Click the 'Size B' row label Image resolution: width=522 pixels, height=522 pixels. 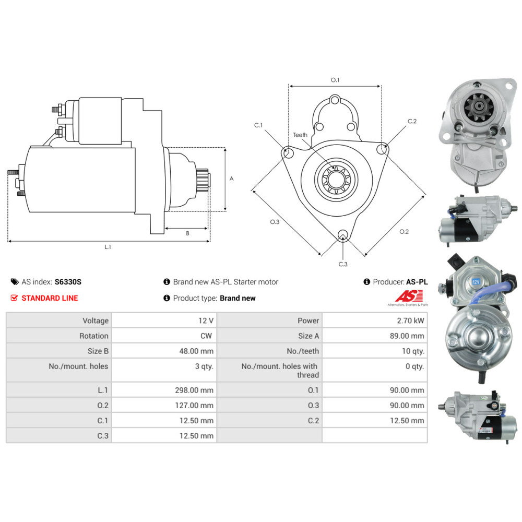pos(94,351)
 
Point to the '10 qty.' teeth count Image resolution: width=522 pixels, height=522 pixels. pos(413,351)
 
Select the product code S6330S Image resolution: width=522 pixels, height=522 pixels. pos(68,282)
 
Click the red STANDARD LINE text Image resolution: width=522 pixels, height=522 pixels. pos(50,298)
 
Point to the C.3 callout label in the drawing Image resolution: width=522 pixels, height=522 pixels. pos(342,264)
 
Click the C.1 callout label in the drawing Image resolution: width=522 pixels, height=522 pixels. pos(258,125)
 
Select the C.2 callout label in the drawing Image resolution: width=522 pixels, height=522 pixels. pos(412,121)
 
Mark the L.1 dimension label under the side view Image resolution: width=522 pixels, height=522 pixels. pos(108,247)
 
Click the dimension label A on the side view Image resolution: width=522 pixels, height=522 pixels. pos(231,179)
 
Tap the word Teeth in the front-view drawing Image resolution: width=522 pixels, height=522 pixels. pos(300,135)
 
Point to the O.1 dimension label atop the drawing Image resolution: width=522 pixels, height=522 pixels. pos(335,80)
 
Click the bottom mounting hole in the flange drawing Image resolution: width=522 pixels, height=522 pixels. pos(342,235)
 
